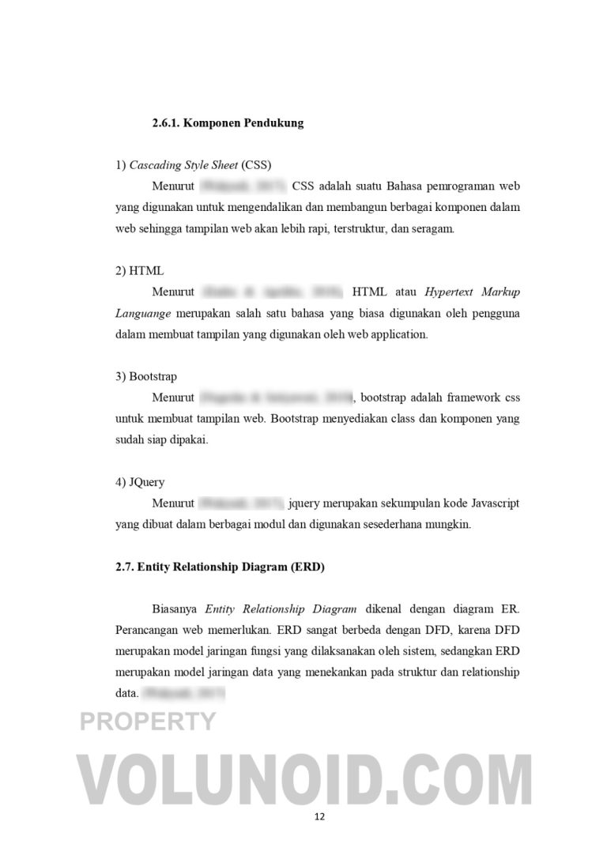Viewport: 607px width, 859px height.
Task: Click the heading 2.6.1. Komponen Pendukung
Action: coord(228,123)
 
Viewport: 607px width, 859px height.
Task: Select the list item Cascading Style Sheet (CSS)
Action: coord(194,165)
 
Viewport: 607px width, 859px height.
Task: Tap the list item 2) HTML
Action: coord(140,271)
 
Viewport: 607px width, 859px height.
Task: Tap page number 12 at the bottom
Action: coord(319,816)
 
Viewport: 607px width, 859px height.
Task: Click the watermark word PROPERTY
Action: coord(148,721)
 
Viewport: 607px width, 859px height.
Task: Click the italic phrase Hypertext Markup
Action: coord(473,292)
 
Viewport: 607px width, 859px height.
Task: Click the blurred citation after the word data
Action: coord(183,694)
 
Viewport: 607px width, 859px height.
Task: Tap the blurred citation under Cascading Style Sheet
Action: coord(243,186)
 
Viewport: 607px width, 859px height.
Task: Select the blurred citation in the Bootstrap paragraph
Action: coord(276,397)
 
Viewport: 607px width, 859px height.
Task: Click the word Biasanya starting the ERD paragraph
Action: coord(175,609)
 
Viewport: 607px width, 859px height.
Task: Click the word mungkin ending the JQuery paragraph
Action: coord(447,524)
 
